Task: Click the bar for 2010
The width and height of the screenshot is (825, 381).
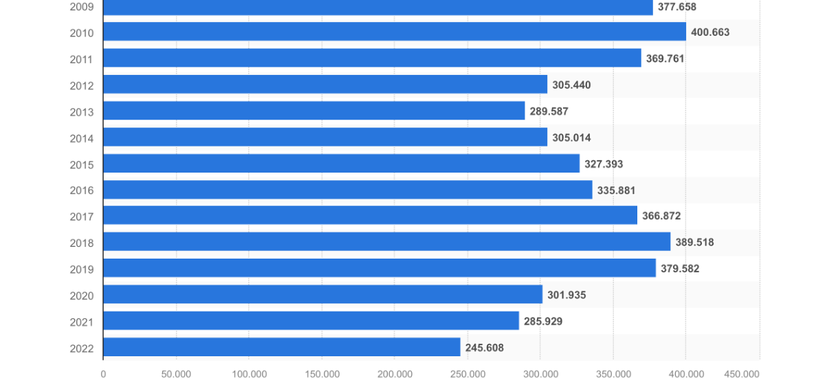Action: [395, 32]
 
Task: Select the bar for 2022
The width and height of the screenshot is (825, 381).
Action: [282, 347]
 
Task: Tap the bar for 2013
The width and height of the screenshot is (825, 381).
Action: [314, 111]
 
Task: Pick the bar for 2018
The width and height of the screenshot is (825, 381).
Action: [387, 242]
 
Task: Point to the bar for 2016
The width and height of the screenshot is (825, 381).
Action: [348, 190]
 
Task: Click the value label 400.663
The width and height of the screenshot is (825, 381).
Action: [710, 32]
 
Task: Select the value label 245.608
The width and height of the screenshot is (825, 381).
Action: [485, 348]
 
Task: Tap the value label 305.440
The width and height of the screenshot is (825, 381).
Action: [571, 85]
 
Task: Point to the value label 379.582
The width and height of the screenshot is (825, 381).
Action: [680, 269]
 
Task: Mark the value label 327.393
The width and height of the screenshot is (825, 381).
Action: [604, 164]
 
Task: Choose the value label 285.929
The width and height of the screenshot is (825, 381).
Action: [543, 321]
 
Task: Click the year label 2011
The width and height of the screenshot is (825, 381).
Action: [81, 59]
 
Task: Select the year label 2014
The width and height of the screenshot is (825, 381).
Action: [81, 138]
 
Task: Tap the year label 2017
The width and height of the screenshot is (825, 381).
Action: [81, 217]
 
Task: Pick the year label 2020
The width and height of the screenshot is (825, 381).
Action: [81, 296]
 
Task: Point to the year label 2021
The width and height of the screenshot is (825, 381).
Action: [81, 322]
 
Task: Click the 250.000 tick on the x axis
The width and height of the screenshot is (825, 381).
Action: [467, 373]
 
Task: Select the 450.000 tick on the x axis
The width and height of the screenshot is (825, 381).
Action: [741, 373]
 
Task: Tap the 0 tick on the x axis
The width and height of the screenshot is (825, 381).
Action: [103, 373]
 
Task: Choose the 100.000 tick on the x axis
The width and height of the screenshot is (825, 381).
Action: [249, 373]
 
